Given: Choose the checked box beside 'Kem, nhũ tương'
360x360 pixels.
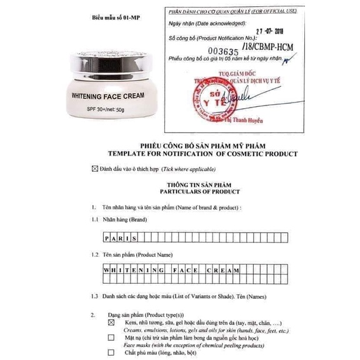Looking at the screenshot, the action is pyautogui.click(x=111, y=322).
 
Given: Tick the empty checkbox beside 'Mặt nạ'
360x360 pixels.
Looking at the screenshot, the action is pyautogui.click(x=111, y=337).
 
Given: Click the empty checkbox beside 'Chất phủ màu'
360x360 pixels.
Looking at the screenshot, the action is pyautogui.click(x=111, y=352).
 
